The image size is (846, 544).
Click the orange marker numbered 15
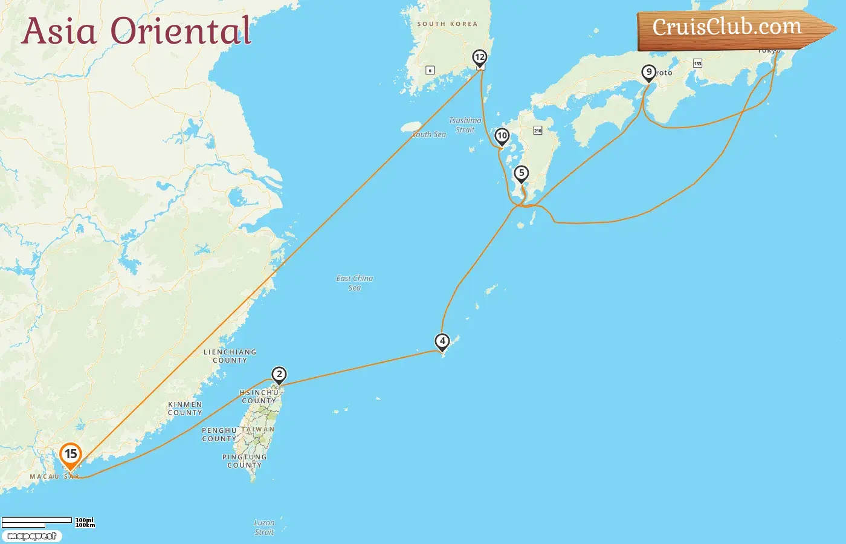click(71, 455)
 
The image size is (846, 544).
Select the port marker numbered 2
click(279, 375)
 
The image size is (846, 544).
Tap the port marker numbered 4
click(442, 342)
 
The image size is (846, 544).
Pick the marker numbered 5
click(521, 173)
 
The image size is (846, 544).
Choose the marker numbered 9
click(649, 73)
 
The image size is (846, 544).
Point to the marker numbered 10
click(502, 136)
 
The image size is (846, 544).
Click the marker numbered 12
click(480, 58)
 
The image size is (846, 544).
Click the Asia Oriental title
click(137, 31)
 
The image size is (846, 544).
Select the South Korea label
click(447, 24)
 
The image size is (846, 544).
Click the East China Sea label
click(355, 283)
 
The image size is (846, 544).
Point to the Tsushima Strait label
click(465, 125)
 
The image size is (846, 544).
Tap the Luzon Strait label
click(264, 527)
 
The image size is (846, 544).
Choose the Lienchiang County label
click(230, 356)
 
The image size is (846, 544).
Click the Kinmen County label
click(185, 409)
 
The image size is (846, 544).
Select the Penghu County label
click(219, 435)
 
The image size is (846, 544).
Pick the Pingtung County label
click(244, 461)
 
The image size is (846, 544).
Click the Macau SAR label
click(54, 477)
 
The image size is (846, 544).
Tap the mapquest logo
click(32, 536)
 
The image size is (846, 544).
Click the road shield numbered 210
click(538, 131)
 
